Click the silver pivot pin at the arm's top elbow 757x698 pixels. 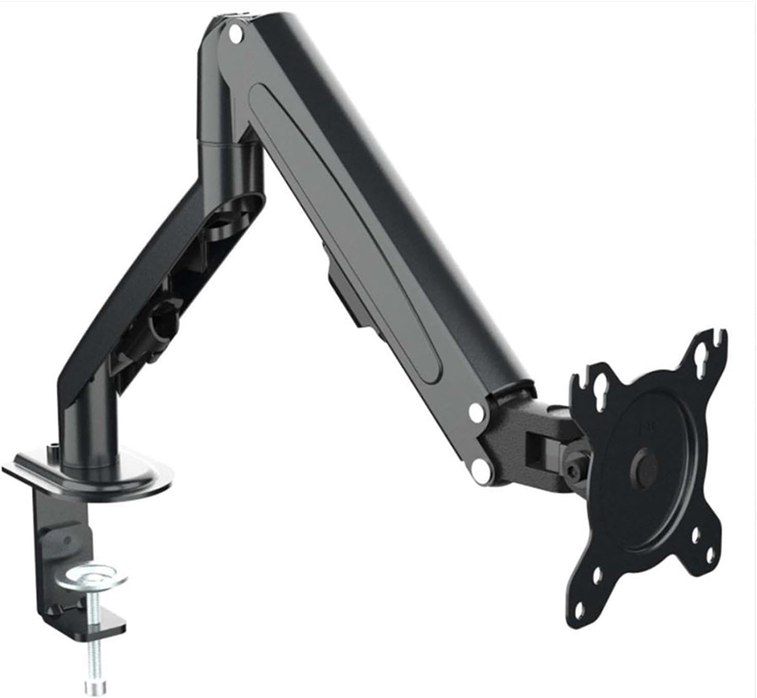coord(235,37)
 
